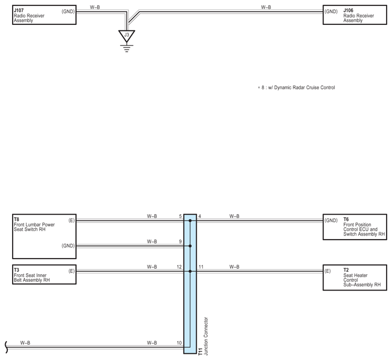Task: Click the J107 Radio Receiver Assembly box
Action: point(43,16)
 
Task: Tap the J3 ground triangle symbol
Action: point(127,36)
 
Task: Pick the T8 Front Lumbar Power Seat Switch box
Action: point(43,237)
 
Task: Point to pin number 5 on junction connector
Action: point(180,216)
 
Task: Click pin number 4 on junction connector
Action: point(200,216)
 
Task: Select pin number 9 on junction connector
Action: point(180,241)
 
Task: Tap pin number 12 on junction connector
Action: point(179,267)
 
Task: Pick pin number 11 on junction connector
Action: point(201,267)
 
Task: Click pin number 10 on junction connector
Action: point(179,343)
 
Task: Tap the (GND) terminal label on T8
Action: point(67,246)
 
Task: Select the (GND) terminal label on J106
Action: point(331,10)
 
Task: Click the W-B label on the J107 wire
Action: point(95,7)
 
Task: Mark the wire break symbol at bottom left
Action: point(6,347)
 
